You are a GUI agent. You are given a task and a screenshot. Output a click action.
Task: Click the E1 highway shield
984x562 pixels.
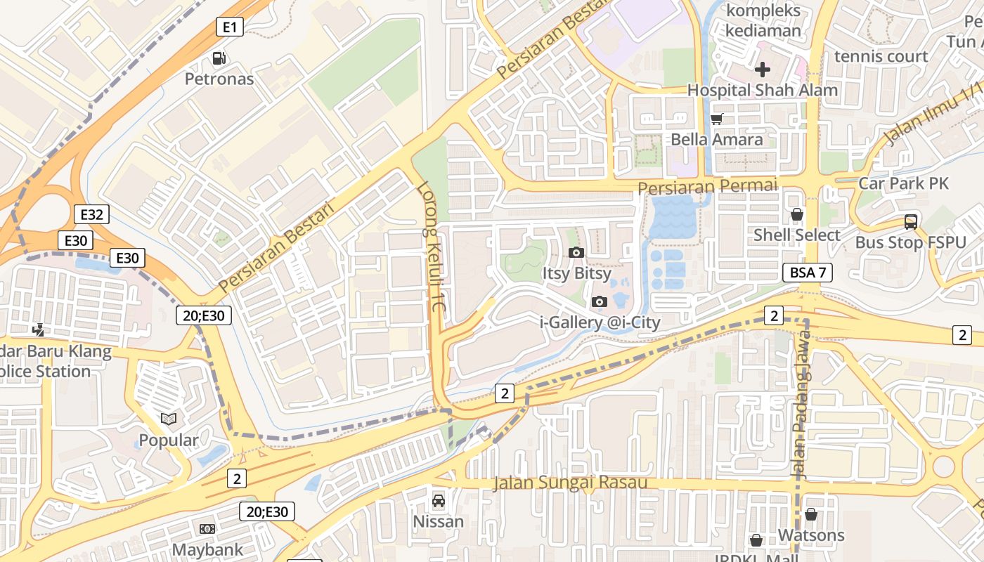[x=229, y=27]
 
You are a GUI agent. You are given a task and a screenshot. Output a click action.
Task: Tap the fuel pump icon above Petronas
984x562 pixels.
[x=219, y=58]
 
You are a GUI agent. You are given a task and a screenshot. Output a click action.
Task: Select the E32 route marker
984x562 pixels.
[x=91, y=214]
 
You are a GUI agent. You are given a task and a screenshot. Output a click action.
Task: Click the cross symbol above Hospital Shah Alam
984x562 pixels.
[x=762, y=69]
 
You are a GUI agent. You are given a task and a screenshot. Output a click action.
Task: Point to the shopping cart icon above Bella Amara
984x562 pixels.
[x=716, y=119]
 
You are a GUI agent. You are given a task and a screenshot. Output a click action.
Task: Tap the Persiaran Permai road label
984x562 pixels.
[x=707, y=187]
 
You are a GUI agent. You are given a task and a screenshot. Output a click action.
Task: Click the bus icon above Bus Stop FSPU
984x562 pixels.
[x=910, y=222]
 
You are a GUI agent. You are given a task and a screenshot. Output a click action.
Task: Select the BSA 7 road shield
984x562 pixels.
[x=808, y=273]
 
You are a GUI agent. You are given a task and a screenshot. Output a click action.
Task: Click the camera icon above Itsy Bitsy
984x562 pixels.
[x=576, y=252]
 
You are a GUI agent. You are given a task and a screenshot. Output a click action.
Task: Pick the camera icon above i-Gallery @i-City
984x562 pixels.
[x=599, y=301]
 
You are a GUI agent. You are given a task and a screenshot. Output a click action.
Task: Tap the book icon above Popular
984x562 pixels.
[x=168, y=419]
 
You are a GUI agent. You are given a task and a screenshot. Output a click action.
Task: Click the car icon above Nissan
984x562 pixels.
[x=439, y=501]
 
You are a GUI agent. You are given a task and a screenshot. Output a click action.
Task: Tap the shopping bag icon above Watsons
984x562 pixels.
[x=810, y=514]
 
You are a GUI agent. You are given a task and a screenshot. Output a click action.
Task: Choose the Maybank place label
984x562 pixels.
[x=207, y=549]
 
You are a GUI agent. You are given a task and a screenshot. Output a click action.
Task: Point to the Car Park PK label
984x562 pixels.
[x=903, y=183]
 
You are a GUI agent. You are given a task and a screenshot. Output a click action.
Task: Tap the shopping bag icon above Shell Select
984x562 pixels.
[x=796, y=214]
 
